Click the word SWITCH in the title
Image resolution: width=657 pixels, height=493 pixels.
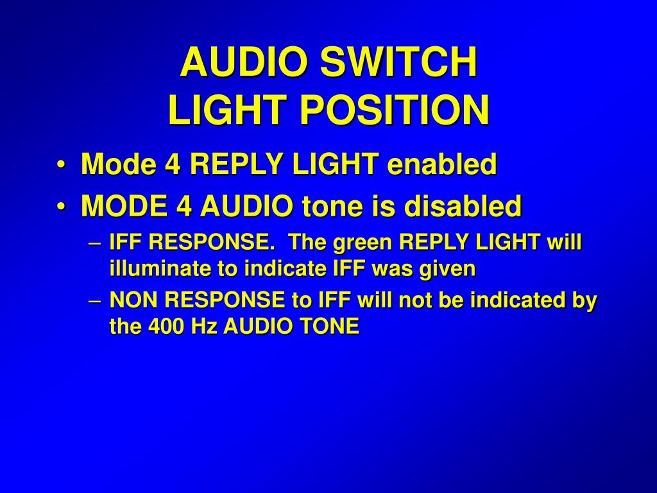[398, 62]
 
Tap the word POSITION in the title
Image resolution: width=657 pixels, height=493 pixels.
[395, 110]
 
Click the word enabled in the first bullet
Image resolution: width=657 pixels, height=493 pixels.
[442, 164]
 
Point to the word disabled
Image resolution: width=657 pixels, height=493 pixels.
[463, 206]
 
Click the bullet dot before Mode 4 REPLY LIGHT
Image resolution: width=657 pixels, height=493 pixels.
[61, 165]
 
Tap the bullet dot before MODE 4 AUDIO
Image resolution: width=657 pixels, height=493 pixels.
[61, 207]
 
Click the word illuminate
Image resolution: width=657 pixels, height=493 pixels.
[160, 269]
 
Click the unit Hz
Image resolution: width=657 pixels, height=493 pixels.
[204, 327]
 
